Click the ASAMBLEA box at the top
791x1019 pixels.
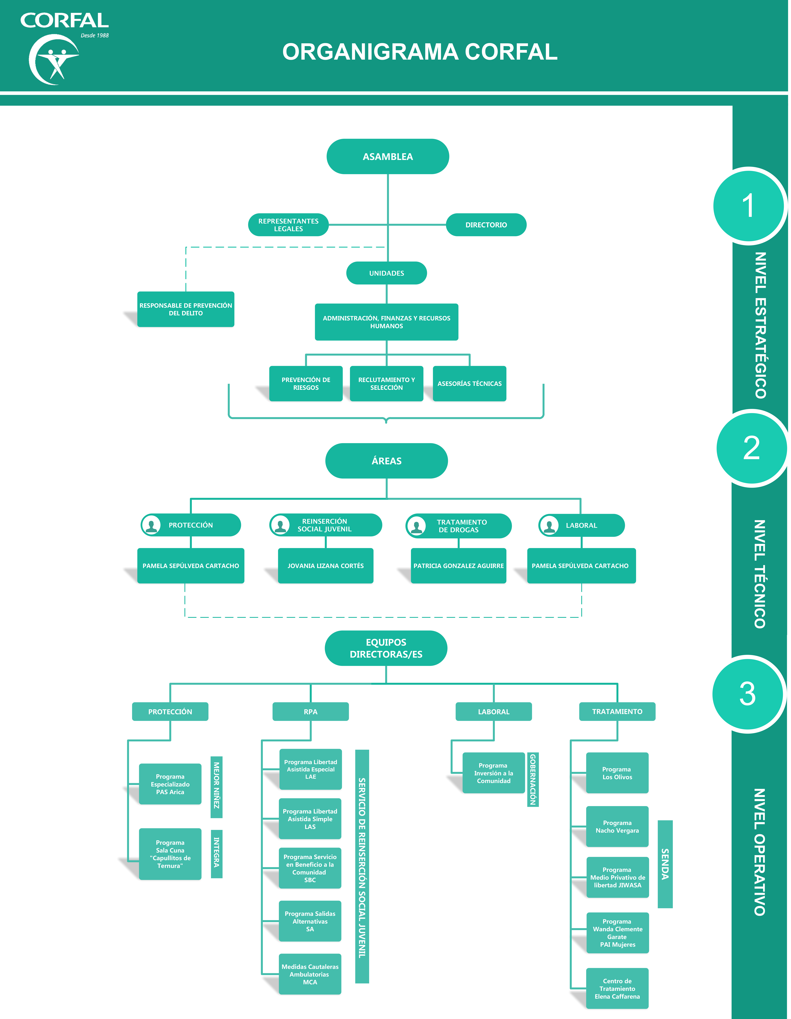tap(388, 156)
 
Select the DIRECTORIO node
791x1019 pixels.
tap(486, 225)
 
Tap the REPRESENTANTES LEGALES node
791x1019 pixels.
tap(288, 225)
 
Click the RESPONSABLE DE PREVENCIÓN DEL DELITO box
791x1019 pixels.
tap(186, 309)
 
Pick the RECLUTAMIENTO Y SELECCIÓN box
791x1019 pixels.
tap(386, 383)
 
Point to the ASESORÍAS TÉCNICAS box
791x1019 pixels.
tap(469, 383)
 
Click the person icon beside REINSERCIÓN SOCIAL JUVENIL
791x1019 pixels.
tap(280, 525)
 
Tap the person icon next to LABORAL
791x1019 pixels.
tap(549, 525)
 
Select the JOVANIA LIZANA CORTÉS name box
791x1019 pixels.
tap(326, 566)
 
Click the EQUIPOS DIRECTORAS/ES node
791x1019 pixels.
tap(386, 648)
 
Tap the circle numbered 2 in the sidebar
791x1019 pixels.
tap(751, 448)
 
